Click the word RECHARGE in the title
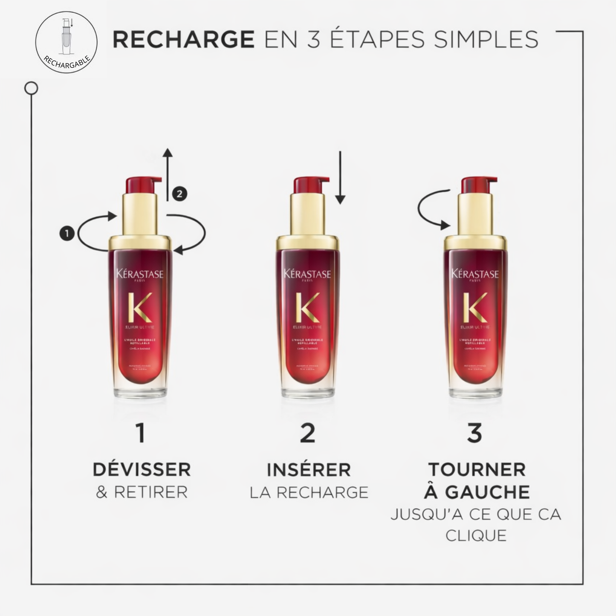[183, 39]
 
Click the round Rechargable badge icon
[66, 42]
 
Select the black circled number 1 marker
[67, 233]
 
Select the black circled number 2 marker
[179, 194]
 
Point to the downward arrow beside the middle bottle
[340, 177]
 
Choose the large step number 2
[307, 433]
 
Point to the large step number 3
[474, 433]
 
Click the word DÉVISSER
[142, 470]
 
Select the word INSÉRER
[309, 470]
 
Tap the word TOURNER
[477, 470]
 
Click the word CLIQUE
[476, 536]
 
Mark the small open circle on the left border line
[31, 88]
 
